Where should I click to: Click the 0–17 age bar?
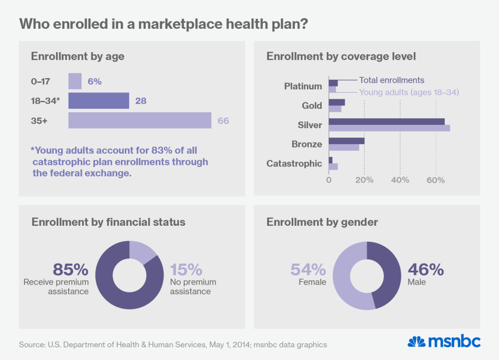point(75,81)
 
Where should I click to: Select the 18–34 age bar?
point(99,100)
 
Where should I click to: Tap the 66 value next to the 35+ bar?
point(223,120)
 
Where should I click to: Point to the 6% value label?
point(94,81)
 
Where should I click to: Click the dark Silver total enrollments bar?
point(386,121)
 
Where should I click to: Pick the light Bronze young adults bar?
point(344,148)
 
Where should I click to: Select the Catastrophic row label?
point(294,164)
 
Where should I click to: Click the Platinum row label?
point(303,86)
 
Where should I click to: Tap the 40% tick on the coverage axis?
point(400,180)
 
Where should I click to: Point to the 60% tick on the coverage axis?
point(435,180)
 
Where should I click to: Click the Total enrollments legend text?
point(391,80)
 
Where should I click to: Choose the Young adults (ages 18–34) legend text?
point(409,92)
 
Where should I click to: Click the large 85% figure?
point(70,270)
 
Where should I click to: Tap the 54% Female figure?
point(308,270)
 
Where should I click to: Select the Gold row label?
point(312,105)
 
